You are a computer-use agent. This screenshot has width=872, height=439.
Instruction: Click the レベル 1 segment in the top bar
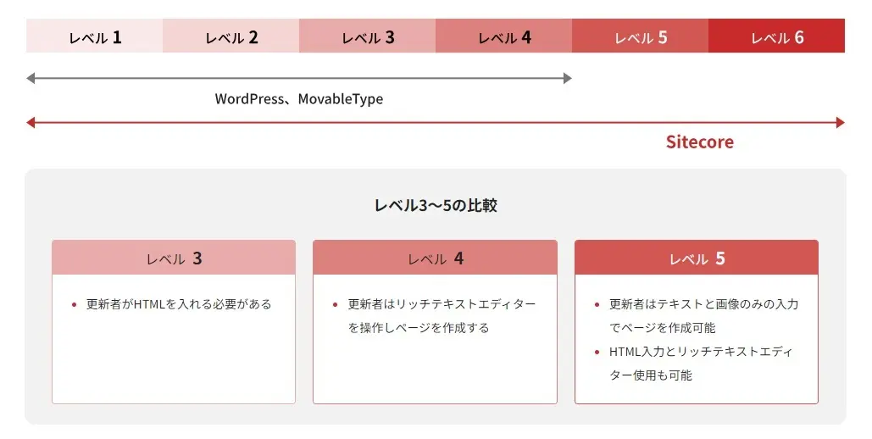[x=95, y=36]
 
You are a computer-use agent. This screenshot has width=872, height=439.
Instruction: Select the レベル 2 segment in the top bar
[x=230, y=36]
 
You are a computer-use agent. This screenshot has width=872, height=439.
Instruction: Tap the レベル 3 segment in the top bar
[x=368, y=36]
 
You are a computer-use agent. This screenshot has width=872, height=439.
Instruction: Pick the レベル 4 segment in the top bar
[x=504, y=36]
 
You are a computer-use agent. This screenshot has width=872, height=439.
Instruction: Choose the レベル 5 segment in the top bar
[x=640, y=36]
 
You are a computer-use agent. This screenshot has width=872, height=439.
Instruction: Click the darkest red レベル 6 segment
[x=777, y=36]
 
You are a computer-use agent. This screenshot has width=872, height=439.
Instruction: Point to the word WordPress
[x=249, y=99]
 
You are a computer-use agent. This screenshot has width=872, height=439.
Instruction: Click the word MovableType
[x=341, y=99]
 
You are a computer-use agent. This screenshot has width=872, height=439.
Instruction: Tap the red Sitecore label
[x=700, y=142]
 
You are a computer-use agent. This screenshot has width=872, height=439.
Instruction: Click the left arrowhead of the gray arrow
[x=30, y=78]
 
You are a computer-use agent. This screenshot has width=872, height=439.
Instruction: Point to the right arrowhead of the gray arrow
[x=568, y=78]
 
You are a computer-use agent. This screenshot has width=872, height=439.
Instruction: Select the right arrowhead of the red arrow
[x=841, y=122]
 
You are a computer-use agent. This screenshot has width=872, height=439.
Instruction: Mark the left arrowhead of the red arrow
[x=30, y=122]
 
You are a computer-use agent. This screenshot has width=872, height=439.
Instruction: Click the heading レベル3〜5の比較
[x=436, y=205]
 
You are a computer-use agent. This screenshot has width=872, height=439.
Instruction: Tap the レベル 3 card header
[x=174, y=258]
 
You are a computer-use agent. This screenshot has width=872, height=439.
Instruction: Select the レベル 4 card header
[x=435, y=258]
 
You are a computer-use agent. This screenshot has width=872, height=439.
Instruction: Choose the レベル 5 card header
[x=697, y=258]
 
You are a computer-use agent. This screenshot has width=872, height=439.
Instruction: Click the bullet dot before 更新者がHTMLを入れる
[x=74, y=304]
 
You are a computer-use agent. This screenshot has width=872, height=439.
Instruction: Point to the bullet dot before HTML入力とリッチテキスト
[x=597, y=352]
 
